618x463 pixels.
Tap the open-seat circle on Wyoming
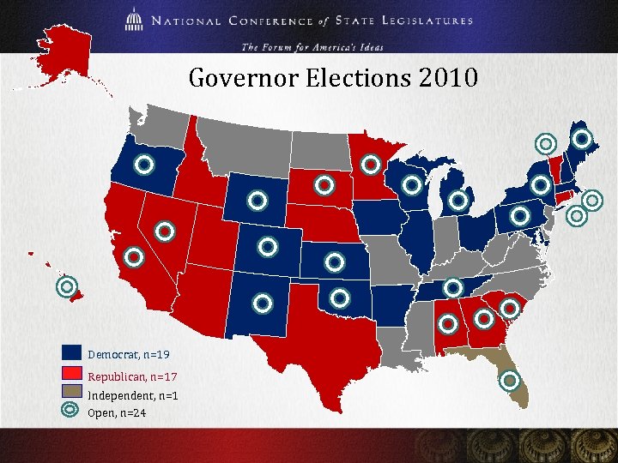(x=256, y=201)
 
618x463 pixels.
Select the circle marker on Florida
(x=510, y=380)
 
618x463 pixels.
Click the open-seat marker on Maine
(x=582, y=138)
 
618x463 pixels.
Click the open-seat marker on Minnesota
(x=371, y=163)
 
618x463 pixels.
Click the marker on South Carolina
(x=510, y=306)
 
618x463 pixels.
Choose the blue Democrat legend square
(x=71, y=353)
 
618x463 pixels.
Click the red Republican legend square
(x=71, y=375)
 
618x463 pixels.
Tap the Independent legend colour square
(x=71, y=394)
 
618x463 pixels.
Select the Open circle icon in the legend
(x=71, y=411)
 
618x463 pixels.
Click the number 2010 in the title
(x=447, y=79)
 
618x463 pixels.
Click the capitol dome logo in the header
(x=136, y=20)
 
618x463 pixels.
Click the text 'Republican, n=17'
(x=132, y=376)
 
